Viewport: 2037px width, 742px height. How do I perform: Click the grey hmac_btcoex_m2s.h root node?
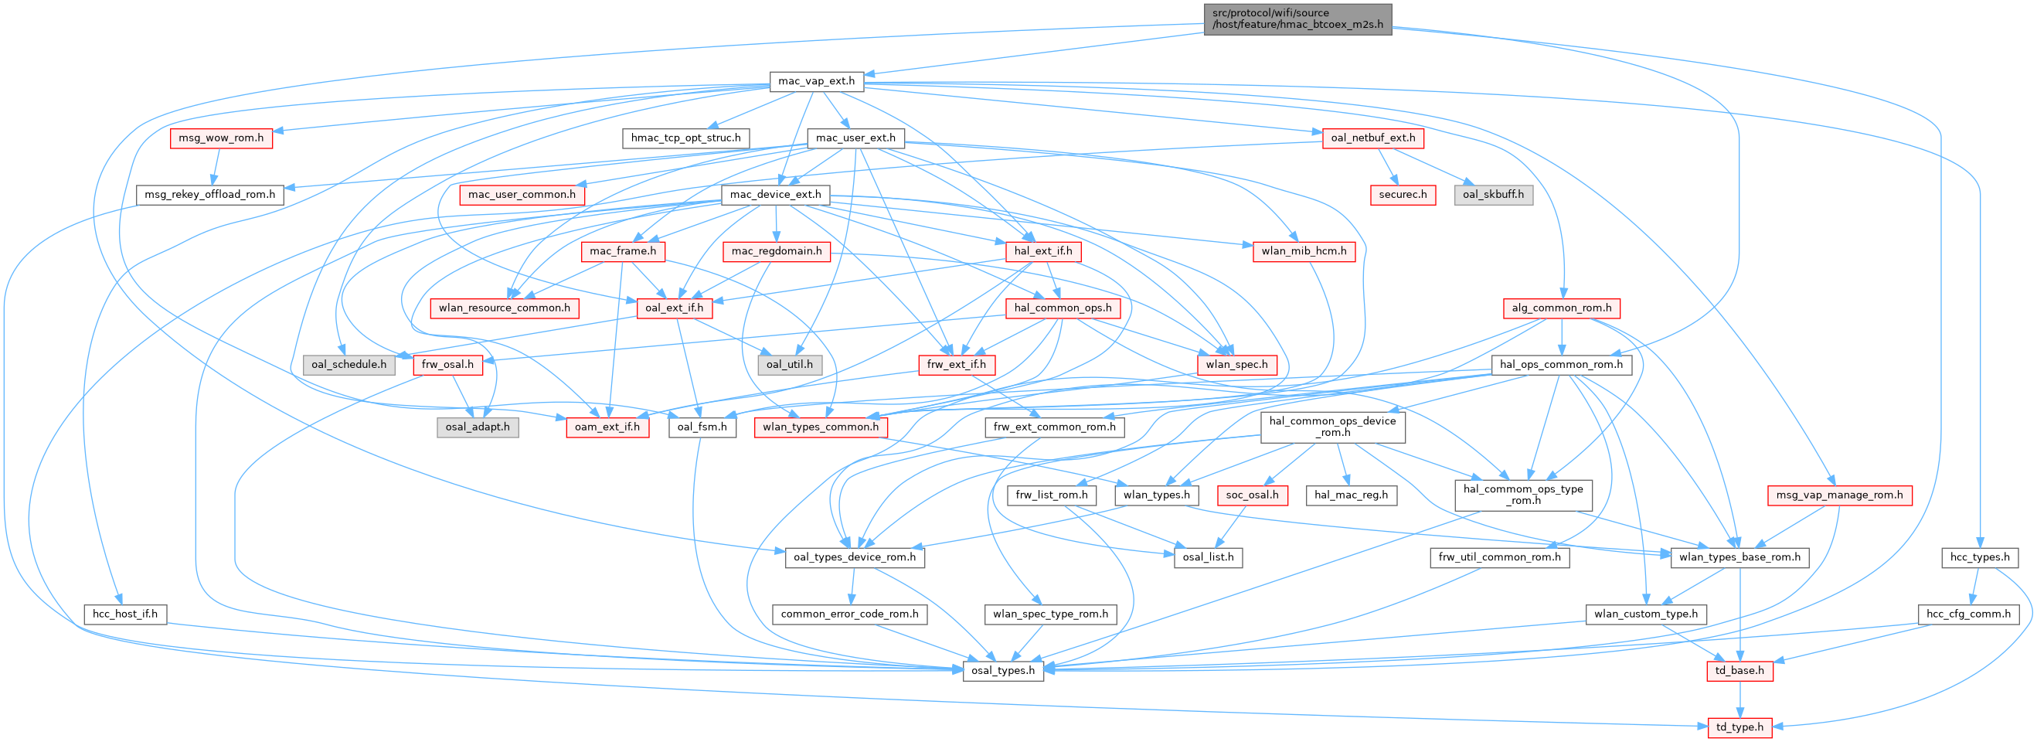(1297, 19)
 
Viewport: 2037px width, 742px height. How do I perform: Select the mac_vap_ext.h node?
(816, 80)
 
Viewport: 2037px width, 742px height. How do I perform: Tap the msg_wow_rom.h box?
(220, 138)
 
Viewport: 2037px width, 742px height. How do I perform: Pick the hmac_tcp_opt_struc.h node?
(685, 138)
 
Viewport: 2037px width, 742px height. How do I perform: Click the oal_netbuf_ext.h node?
(1372, 138)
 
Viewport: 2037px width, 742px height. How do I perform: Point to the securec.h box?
(1403, 195)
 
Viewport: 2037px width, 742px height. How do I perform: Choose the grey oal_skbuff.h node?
(1493, 195)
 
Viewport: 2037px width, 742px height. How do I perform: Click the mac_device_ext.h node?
(775, 195)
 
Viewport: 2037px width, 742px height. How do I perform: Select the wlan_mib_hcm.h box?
(1304, 251)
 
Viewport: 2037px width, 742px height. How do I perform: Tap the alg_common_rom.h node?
(1561, 308)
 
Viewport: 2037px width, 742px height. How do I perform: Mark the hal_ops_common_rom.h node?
(1561, 365)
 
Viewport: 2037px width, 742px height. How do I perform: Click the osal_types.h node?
(1003, 671)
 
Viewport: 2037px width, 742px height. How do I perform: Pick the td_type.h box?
(1739, 727)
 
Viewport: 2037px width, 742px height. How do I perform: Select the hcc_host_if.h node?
(125, 614)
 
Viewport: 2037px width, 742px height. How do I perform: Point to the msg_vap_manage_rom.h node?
(1839, 495)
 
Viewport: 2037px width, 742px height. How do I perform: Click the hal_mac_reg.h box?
(1352, 495)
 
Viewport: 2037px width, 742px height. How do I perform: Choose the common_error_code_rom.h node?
(850, 614)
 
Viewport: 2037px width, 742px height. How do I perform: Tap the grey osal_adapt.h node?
(478, 427)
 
